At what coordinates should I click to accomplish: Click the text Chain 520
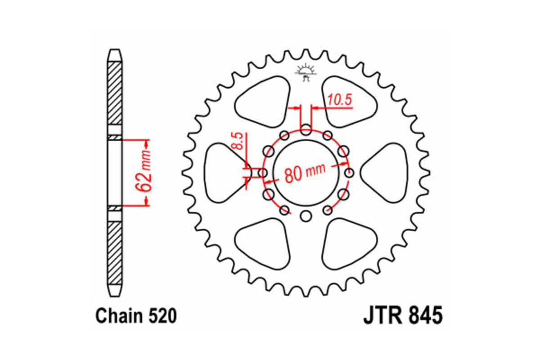[x=136, y=316]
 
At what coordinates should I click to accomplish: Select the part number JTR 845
[x=403, y=315]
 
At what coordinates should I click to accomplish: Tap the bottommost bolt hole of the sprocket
[x=306, y=216]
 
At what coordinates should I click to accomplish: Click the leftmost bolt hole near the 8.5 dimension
[x=262, y=173]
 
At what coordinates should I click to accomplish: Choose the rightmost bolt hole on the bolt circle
[x=349, y=173]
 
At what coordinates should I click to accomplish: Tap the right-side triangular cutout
[x=386, y=172]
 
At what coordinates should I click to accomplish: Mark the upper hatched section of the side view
[x=115, y=92]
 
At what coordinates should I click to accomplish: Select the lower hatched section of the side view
[x=115, y=252]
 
